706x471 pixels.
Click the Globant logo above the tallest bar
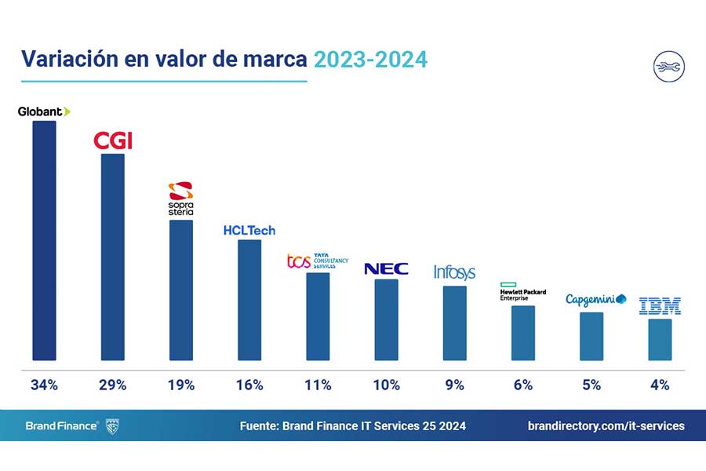click(44, 111)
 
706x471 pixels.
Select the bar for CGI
click(112, 257)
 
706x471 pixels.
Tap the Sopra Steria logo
click(181, 199)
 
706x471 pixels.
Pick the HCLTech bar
click(249, 300)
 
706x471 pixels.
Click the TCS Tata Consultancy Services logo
click(318, 261)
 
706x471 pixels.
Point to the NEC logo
click(386, 269)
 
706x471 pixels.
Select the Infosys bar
click(455, 323)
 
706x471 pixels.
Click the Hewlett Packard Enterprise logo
click(522, 291)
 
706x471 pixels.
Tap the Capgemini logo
click(595, 300)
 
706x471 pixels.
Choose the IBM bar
click(660, 339)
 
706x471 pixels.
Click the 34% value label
click(44, 385)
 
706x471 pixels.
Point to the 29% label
click(112, 385)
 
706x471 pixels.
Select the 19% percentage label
click(181, 385)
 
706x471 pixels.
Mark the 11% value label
click(318, 385)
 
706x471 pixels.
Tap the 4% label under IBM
click(660, 385)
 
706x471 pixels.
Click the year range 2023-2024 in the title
click(370, 60)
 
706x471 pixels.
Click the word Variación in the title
click(70, 59)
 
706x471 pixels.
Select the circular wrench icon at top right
click(669, 67)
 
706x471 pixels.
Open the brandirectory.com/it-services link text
click(606, 426)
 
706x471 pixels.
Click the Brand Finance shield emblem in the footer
click(112, 426)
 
